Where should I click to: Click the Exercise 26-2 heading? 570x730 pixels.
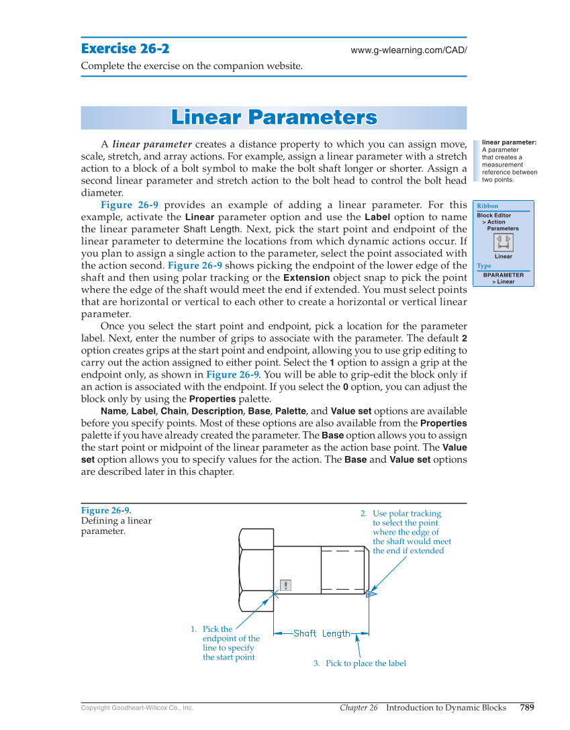point(125,48)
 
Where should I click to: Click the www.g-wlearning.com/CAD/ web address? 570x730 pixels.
point(408,50)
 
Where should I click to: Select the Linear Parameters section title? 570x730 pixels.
point(273,118)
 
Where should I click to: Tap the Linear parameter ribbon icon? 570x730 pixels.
point(503,242)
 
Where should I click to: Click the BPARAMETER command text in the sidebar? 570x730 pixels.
point(504,275)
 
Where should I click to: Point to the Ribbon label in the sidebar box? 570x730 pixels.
point(487,206)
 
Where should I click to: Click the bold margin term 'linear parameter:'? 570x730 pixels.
point(509,142)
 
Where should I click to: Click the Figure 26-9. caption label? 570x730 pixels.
point(105,510)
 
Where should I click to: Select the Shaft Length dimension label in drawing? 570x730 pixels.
point(322,633)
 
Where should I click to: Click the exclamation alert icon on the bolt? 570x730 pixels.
point(286,585)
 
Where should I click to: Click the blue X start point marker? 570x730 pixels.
point(274,594)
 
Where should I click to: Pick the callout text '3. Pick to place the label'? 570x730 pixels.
point(359,664)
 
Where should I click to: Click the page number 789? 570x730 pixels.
point(526,707)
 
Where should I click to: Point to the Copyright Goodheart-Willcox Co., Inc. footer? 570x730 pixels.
point(137,708)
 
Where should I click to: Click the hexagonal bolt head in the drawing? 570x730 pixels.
point(256,569)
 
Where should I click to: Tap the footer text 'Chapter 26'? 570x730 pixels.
point(359,707)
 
